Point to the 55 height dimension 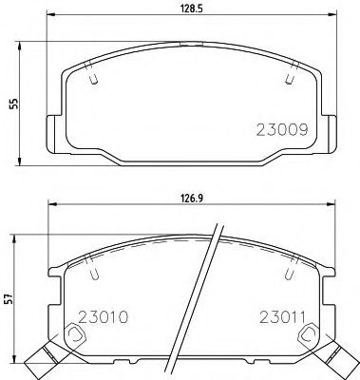[x=10, y=105]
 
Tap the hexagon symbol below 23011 [x=305, y=335]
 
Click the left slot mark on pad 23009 [x=92, y=79]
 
